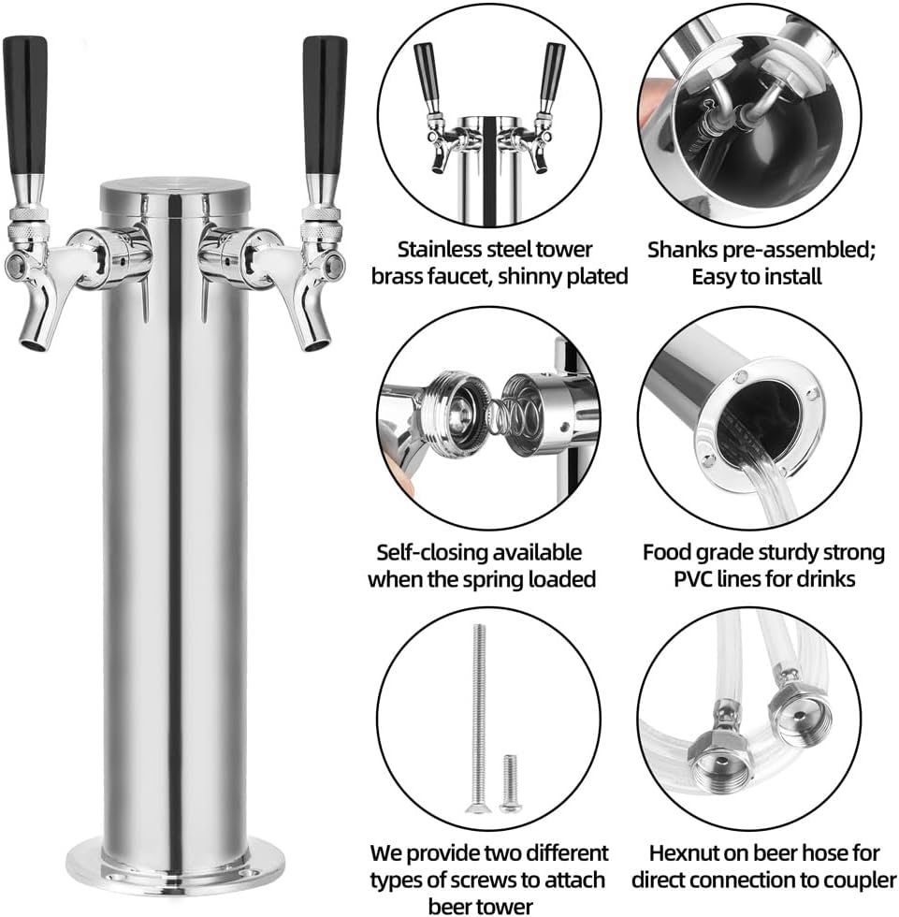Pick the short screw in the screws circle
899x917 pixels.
tap(508, 780)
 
